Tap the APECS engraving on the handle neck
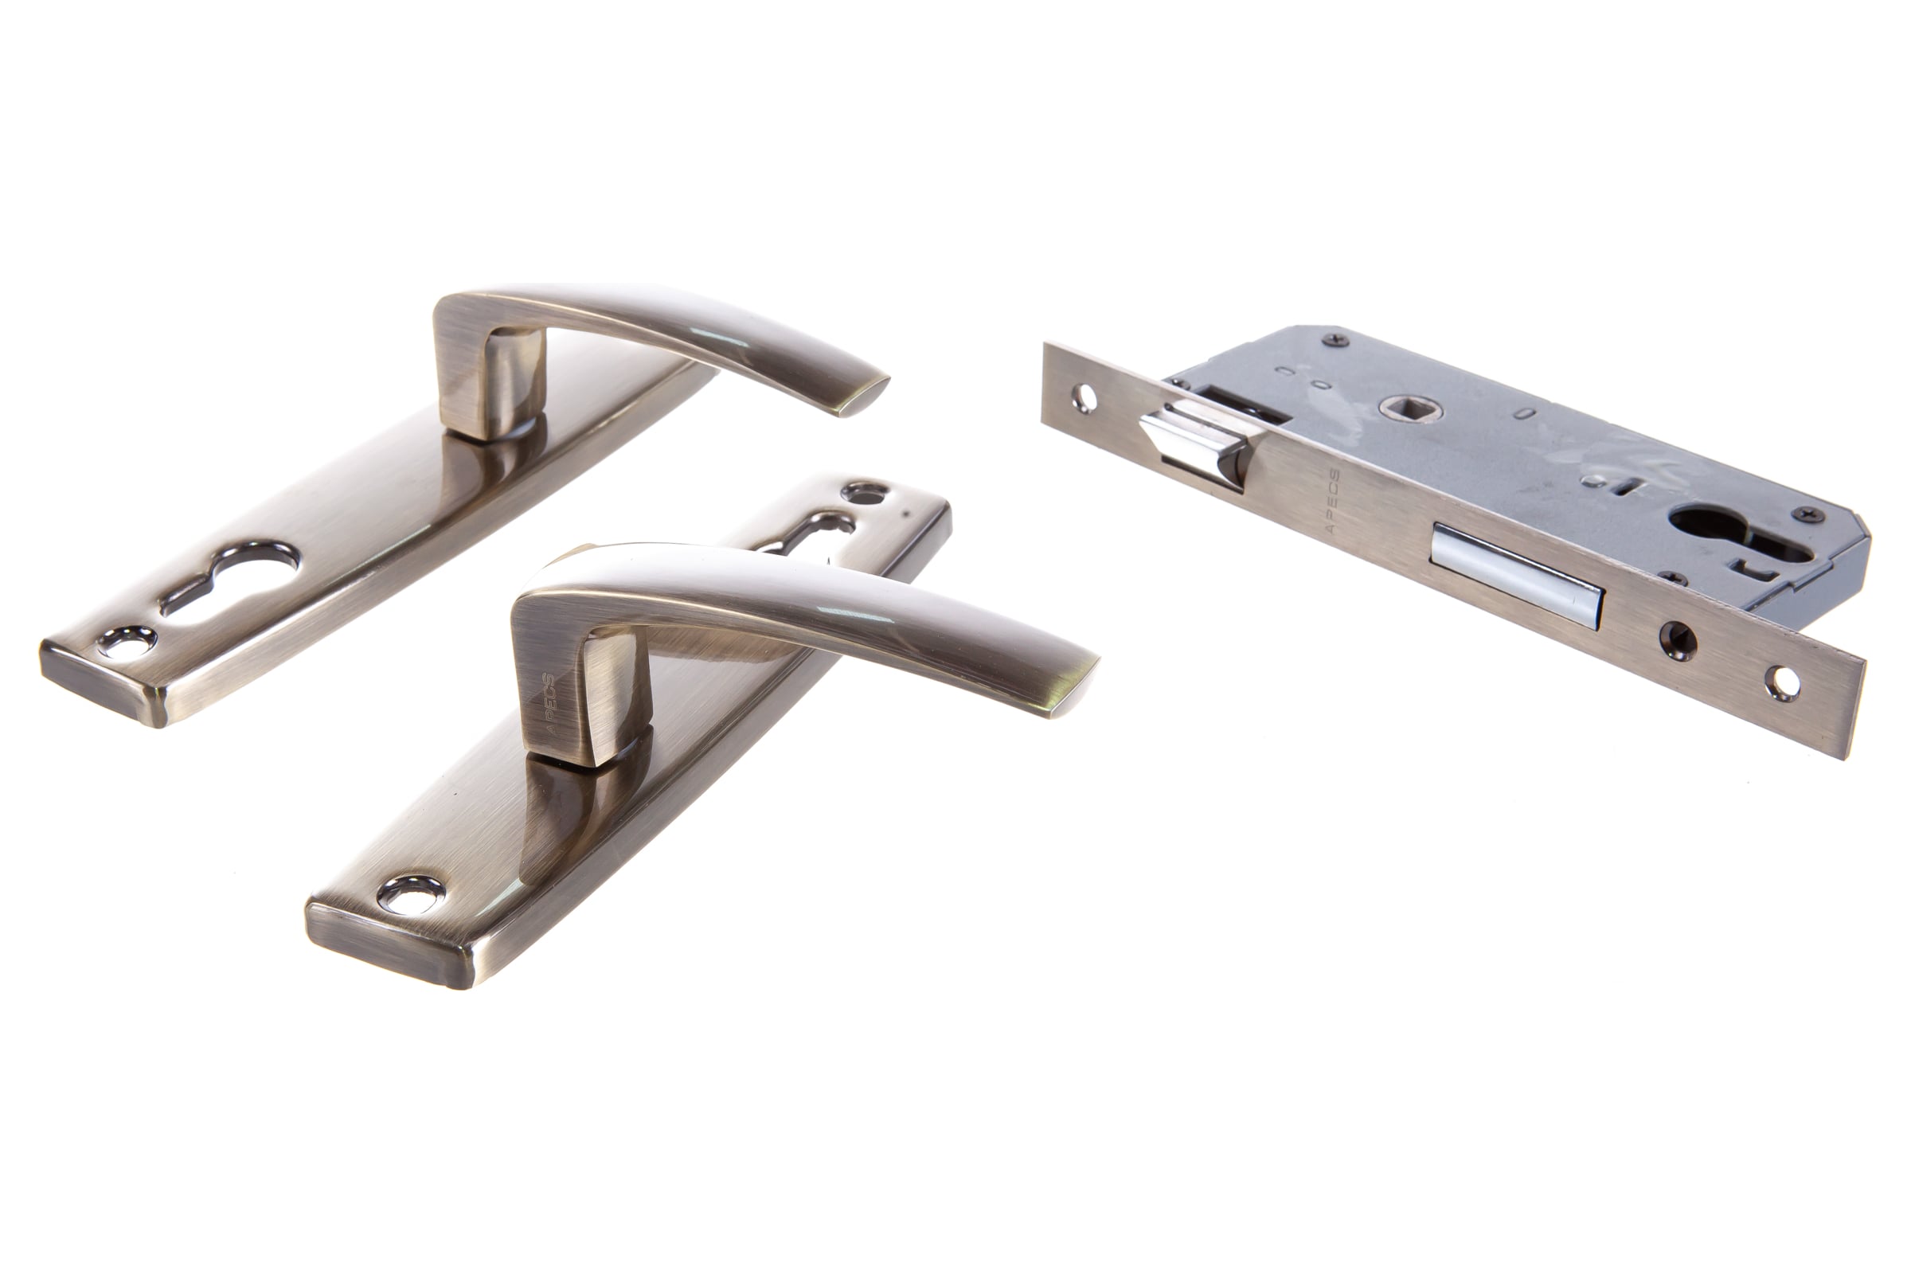pos(549,704)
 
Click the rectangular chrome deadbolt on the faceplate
pos(1516,576)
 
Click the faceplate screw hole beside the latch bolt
pos(1084,398)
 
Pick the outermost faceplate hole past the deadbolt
pos(1783,683)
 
